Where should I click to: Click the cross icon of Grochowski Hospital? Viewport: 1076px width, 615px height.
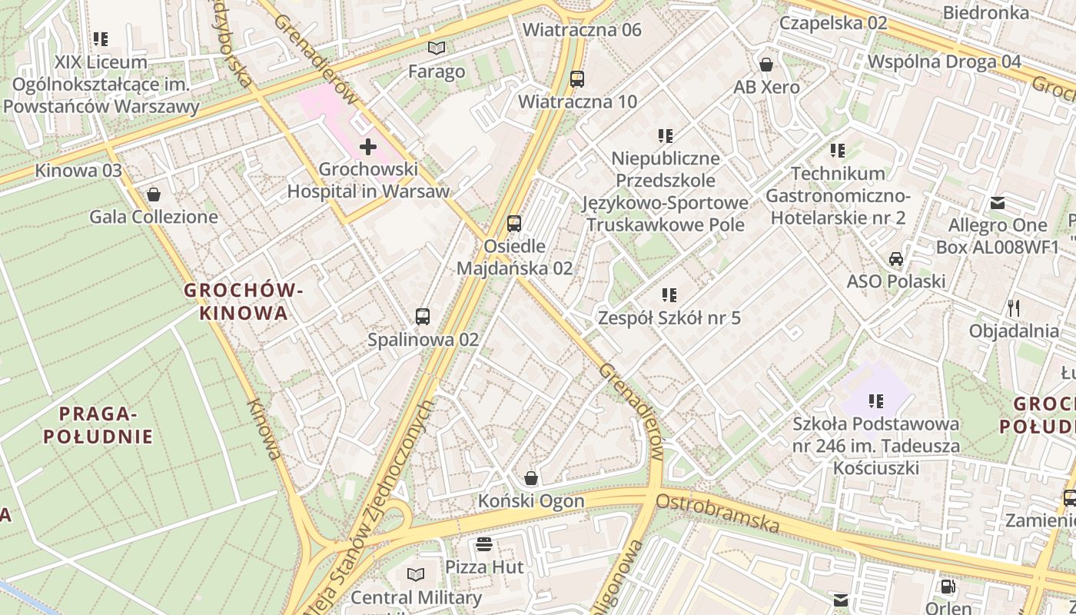click(368, 146)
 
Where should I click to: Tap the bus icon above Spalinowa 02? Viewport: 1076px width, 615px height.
click(422, 316)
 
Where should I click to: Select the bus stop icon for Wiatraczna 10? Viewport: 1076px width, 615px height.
click(576, 78)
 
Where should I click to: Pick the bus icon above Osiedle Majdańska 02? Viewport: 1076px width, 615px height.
click(514, 224)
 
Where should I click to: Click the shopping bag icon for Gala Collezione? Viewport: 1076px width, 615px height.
click(153, 194)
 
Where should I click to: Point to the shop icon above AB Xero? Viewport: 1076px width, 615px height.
click(765, 65)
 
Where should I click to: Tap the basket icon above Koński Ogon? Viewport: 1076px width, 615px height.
click(530, 478)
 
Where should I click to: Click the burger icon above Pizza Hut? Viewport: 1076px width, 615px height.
click(484, 544)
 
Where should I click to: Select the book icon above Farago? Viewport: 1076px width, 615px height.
click(437, 48)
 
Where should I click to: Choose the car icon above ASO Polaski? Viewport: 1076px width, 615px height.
click(895, 259)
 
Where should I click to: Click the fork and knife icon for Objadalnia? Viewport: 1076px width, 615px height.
click(1014, 308)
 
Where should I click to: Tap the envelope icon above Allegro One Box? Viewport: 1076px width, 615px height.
click(997, 203)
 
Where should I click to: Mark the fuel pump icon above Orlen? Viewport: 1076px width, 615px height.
click(948, 587)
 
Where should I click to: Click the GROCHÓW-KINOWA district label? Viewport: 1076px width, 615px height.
click(244, 301)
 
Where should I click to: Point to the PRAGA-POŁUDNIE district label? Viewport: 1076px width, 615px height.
click(98, 425)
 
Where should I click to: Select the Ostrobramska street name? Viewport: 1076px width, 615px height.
click(718, 513)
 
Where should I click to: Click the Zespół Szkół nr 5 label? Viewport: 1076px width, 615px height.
click(669, 317)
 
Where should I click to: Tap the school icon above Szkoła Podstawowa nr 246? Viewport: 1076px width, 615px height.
click(875, 401)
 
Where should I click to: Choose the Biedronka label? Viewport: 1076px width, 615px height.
click(985, 12)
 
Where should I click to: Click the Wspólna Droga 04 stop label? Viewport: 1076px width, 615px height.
click(944, 61)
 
